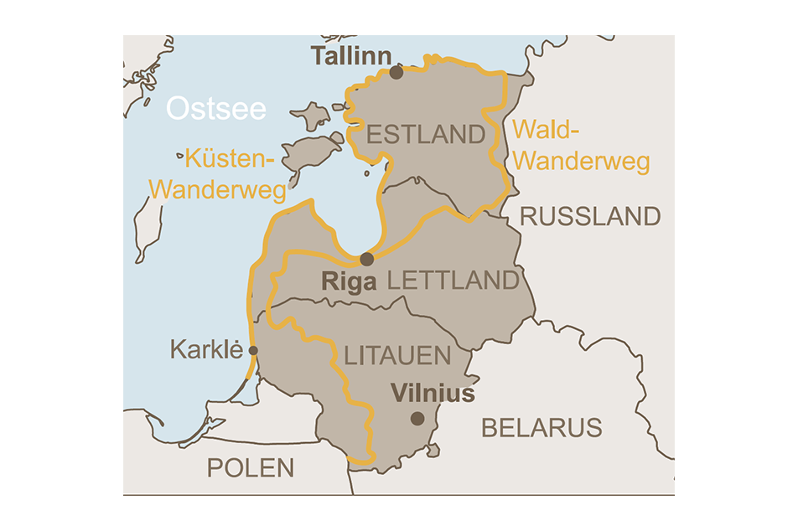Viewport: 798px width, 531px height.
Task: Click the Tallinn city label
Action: [x=351, y=57]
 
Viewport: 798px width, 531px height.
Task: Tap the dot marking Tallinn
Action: [x=396, y=73]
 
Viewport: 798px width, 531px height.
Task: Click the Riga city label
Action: [x=349, y=282]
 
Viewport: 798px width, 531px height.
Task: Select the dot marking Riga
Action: [x=366, y=259]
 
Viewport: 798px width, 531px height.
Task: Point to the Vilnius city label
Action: [x=433, y=394]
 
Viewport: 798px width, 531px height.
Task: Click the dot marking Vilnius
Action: [x=417, y=419]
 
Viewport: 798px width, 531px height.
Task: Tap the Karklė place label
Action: [x=206, y=349]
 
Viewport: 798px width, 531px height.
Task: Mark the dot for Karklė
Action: [x=253, y=351]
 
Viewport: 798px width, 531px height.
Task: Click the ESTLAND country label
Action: [x=426, y=135]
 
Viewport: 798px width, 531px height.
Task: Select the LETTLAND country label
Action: [x=453, y=281]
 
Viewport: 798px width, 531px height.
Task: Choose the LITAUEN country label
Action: [x=397, y=356]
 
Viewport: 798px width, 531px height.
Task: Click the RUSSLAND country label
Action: [x=590, y=217]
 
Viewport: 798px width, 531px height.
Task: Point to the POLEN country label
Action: [x=251, y=468]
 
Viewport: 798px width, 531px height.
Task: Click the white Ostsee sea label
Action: [x=216, y=109]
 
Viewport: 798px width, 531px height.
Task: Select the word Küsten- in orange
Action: [x=230, y=158]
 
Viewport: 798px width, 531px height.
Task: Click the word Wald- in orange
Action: [x=546, y=130]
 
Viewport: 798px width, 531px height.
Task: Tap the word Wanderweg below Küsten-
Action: [x=217, y=188]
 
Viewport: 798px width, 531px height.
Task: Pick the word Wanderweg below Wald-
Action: [x=581, y=161]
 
